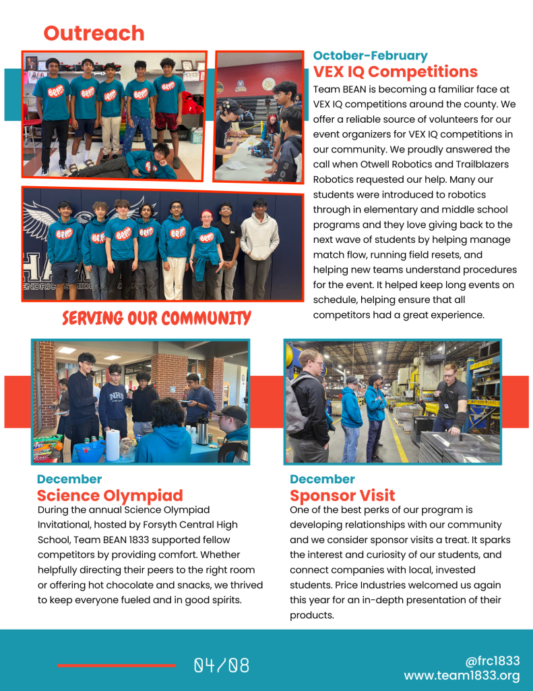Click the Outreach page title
point(94,33)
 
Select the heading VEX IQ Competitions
point(396,72)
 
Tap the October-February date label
point(370,55)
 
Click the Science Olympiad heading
point(110,496)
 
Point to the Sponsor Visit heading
point(342,496)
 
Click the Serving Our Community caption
point(156,318)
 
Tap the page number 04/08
point(222,666)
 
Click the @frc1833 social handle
point(493,661)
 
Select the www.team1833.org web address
point(462,675)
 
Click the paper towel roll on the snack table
point(113,445)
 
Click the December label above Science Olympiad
point(69,479)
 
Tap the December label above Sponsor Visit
point(322,479)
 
